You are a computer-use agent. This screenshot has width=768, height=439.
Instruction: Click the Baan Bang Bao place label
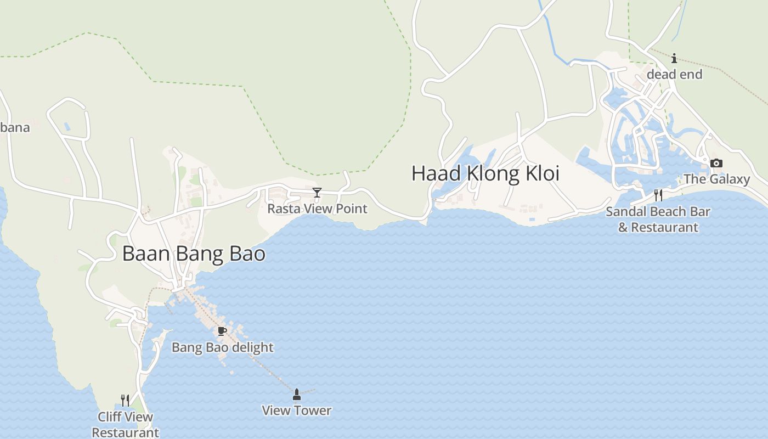pos(194,254)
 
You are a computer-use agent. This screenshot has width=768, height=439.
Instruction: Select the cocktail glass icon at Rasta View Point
pos(317,192)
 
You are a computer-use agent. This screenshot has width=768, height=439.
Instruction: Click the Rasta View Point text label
pos(317,209)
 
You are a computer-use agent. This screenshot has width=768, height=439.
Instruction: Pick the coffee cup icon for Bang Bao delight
pos(222,331)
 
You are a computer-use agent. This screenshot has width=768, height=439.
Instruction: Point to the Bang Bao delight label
pos(222,347)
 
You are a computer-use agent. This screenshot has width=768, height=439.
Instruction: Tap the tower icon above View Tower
pos(297,394)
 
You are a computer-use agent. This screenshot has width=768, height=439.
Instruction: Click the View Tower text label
pos(297,410)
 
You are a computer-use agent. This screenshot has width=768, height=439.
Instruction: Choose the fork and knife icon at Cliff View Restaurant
pos(125,400)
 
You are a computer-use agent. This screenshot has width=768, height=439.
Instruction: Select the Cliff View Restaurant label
pos(126,425)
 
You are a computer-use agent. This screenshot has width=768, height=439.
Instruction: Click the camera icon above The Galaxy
pos(716,163)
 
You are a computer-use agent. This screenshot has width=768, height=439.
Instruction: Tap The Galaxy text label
pos(716,179)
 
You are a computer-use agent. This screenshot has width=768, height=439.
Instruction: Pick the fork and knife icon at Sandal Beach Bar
pos(658,195)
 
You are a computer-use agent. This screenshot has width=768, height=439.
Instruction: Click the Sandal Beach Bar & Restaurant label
pos(658,219)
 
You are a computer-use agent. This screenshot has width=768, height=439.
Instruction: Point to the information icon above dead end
pos(674,58)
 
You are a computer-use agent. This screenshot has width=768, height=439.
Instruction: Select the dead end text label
pos(674,74)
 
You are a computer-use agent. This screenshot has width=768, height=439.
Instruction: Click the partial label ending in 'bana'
pos(14,128)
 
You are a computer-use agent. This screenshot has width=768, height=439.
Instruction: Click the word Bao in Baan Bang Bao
pos(249,254)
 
